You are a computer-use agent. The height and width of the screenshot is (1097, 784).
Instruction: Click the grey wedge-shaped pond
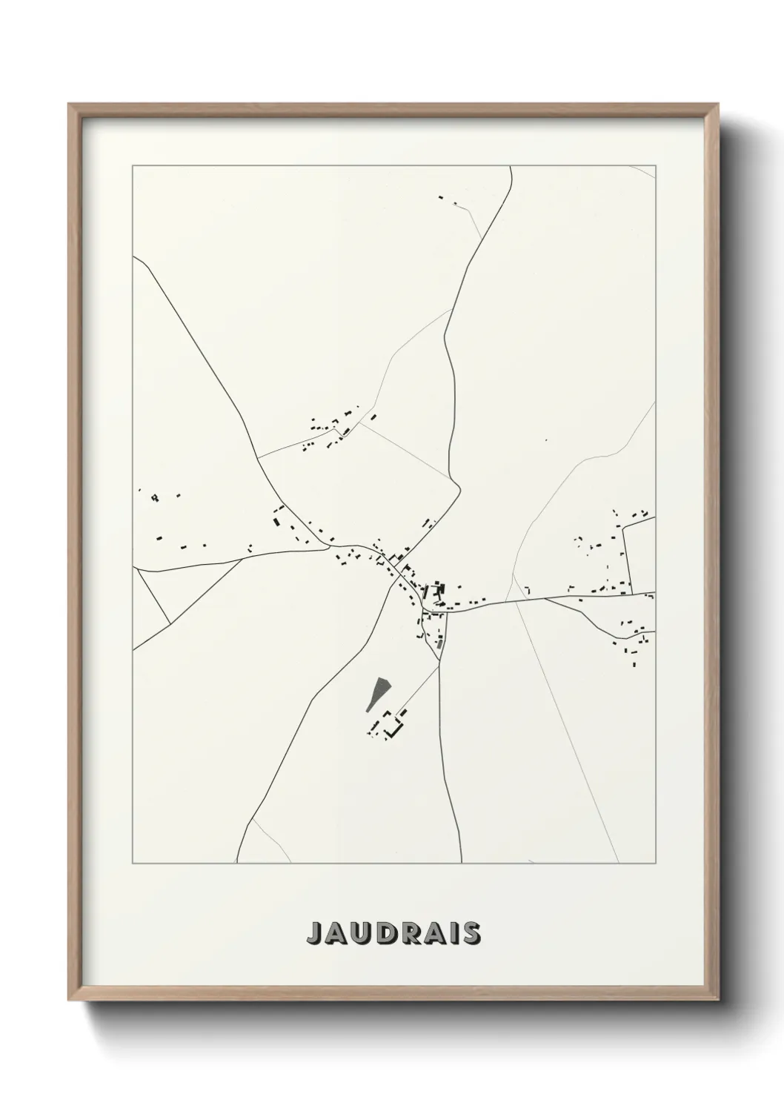tap(378, 692)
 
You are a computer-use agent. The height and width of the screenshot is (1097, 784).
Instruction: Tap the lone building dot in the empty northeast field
tap(546, 440)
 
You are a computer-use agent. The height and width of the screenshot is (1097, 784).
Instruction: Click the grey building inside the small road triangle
tap(439, 641)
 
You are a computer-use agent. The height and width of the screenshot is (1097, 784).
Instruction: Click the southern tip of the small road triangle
tap(439, 662)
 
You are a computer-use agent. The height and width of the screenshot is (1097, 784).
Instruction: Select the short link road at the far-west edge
tap(153, 597)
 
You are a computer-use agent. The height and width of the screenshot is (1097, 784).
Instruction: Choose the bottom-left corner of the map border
tap(133, 864)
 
